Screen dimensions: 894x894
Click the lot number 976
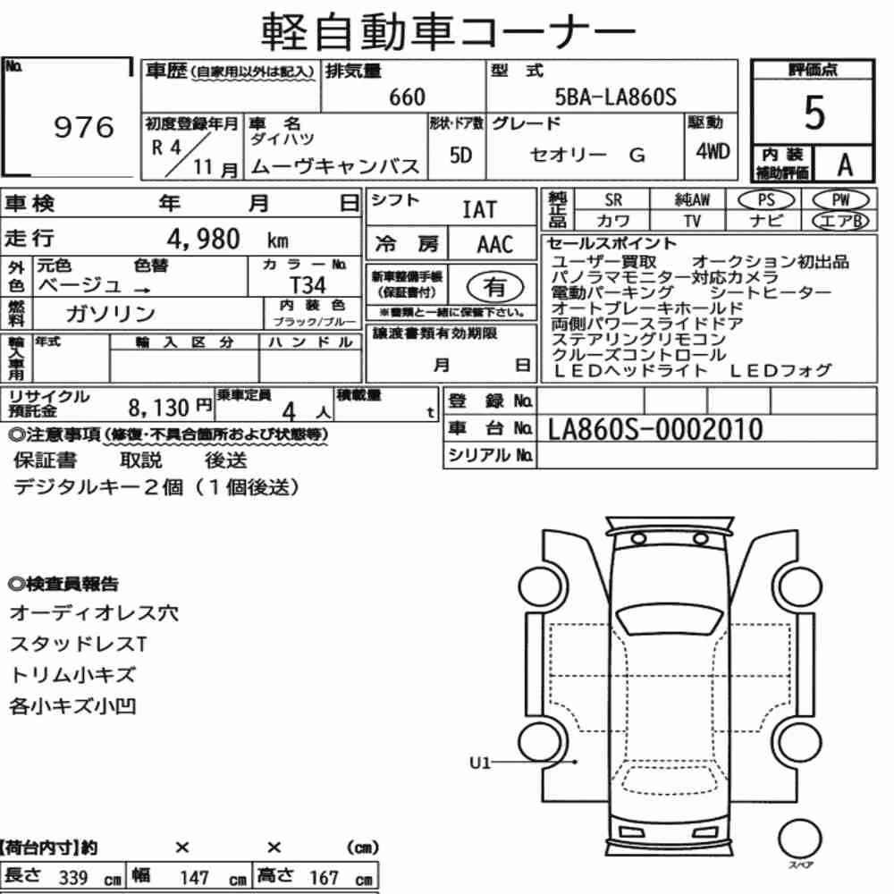coord(84,127)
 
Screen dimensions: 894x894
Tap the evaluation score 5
coord(814,113)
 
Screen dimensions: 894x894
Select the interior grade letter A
coord(845,164)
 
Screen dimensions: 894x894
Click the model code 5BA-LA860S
coord(616,97)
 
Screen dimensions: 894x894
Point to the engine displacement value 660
coord(407,97)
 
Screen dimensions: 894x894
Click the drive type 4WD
coord(713,151)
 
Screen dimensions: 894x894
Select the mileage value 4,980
coord(203,239)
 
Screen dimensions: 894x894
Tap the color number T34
coord(308,284)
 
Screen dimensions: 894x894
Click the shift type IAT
coord(479,209)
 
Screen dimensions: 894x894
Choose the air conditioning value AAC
coord(495,245)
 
